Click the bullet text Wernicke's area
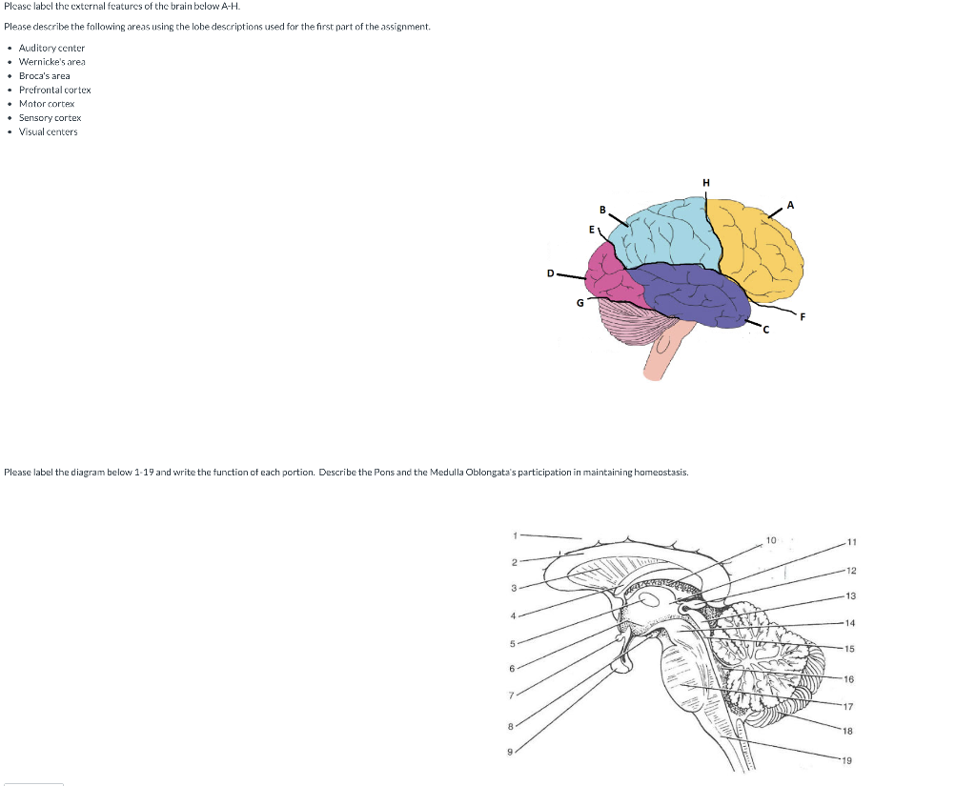coord(51,61)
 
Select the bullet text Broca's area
coord(44,75)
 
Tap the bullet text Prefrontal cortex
coord(54,90)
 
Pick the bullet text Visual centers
coord(48,131)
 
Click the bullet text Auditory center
coord(51,48)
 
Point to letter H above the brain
coord(705,183)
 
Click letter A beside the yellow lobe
coord(791,205)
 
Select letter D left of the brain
coord(550,273)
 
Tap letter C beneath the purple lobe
coord(764,330)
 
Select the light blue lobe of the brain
coord(662,233)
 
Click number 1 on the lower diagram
coord(516,534)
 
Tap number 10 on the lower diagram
coord(770,541)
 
